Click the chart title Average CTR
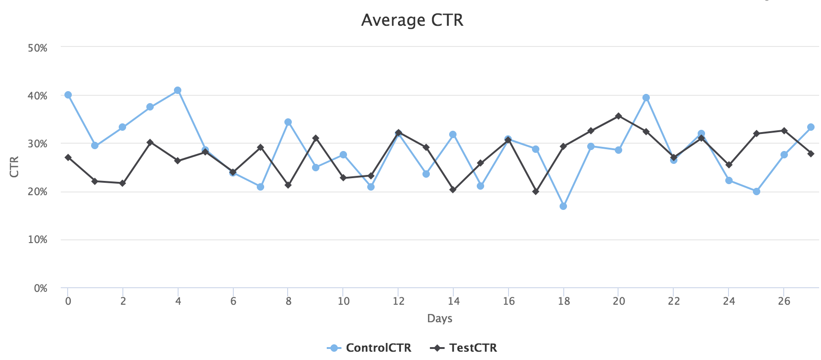pyautogui.click(x=412, y=20)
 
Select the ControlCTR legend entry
pyautogui.click(x=369, y=348)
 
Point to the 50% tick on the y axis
pyautogui.click(x=38, y=48)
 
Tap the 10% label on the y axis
pyautogui.click(x=38, y=240)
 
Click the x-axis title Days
pyautogui.click(x=439, y=319)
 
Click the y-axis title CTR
pyautogui.click(x=14, y=167)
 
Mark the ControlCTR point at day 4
pyautogui.click(x=178, y=91)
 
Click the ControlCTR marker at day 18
pyautogui.click(x=563, y=206)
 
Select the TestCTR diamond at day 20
pyautogui.click(x=619, y=116)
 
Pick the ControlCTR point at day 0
pyautogui.click(x=68, y=95)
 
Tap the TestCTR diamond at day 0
pyautogui.click(x=68, y=157)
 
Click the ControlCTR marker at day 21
pyautogui.click(x=646, y=98)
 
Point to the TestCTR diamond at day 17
pyautogui.click(x=536, y=192)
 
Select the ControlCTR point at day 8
pyautogui.click(x=288, y=122)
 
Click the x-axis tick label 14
pyautogui.click(x=454, y=302)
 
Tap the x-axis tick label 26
pyautogui.click(x=784, y=302)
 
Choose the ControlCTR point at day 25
pyautogui.click(x=757, y=192)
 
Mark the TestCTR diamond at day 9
pyautogui.click(x=316, y=138)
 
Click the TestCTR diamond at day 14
pyautogui.click(x=453, y=190)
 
